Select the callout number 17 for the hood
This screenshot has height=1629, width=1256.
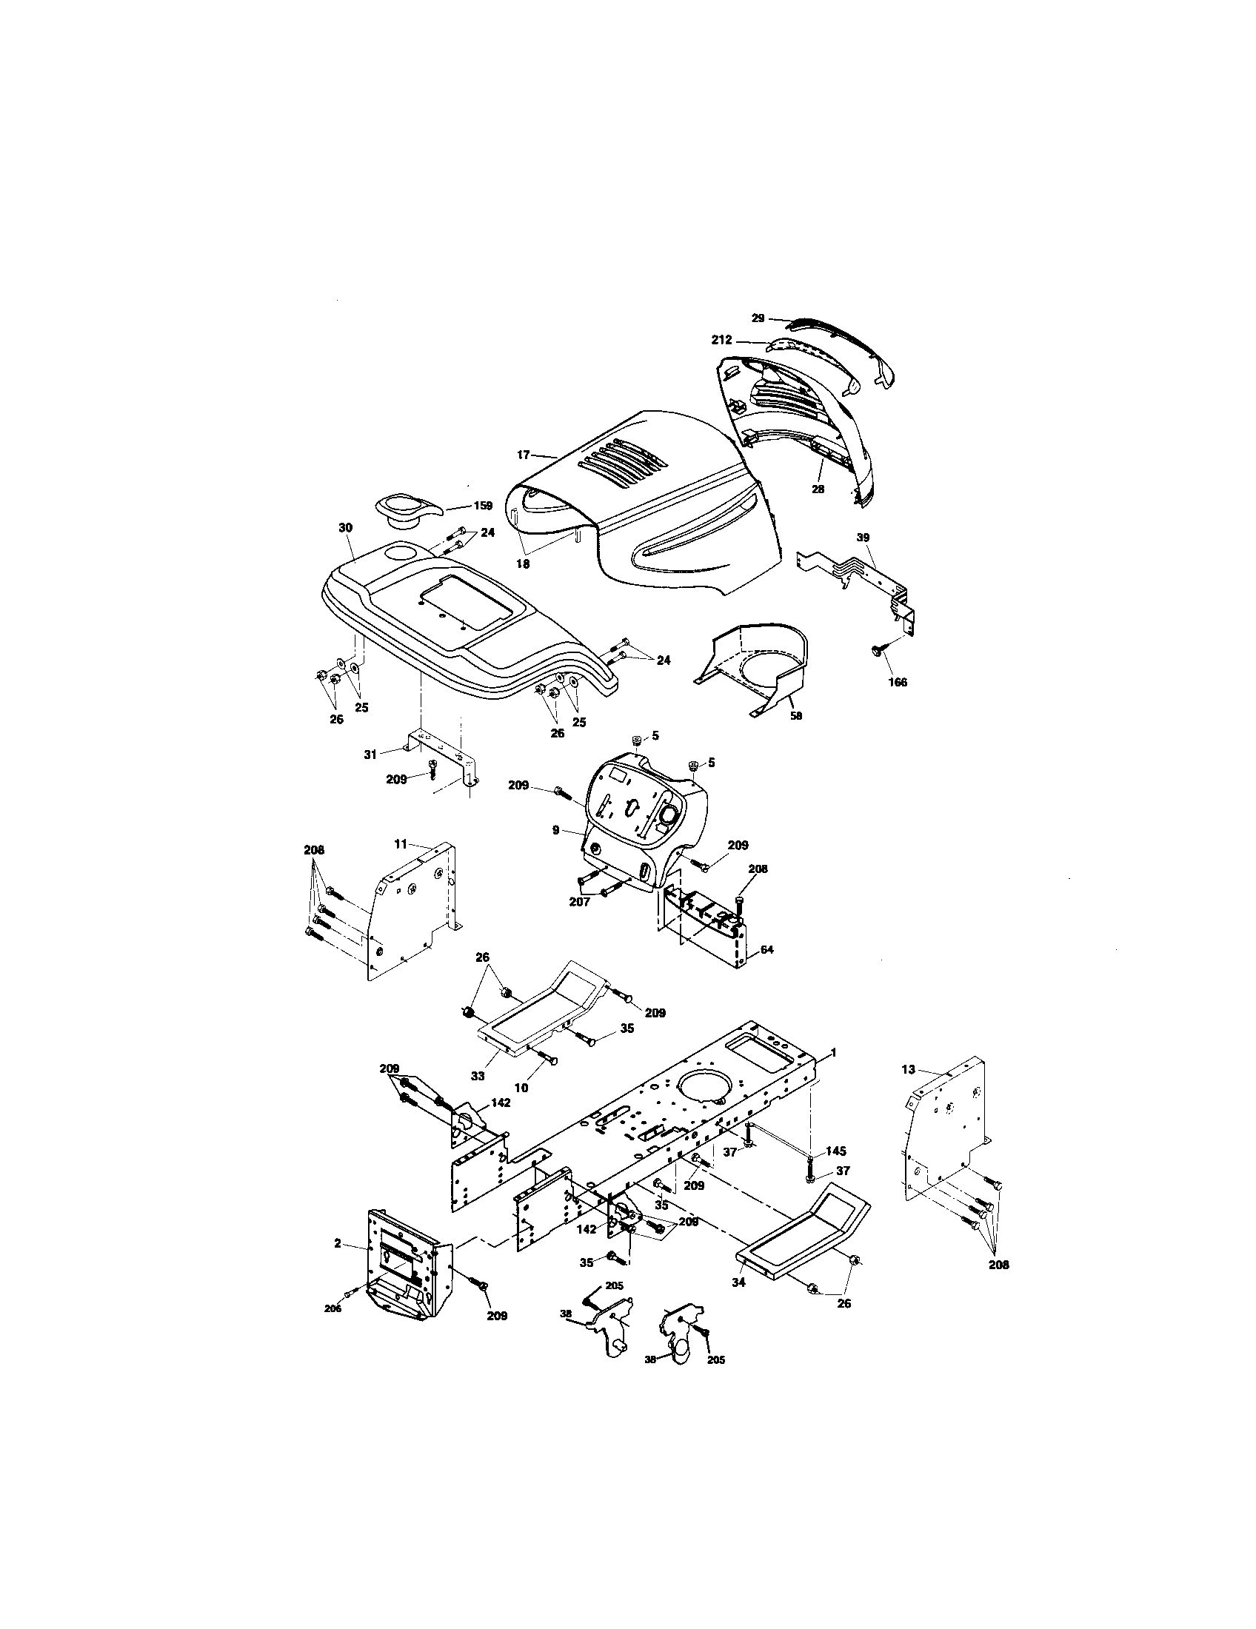point(523,453)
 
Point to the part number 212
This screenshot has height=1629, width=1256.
point(721,341)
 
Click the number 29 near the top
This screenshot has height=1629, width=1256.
point(758,318)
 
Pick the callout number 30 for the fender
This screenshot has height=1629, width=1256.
point(344,527)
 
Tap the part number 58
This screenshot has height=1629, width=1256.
point(795,716)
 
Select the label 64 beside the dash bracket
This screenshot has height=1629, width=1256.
point(766,950)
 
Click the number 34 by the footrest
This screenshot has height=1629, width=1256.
point(739,1282)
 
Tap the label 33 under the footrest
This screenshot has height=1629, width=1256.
point(478,1076)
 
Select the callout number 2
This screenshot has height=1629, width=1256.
point(338,1243)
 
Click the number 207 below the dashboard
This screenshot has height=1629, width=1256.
point(580,902)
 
